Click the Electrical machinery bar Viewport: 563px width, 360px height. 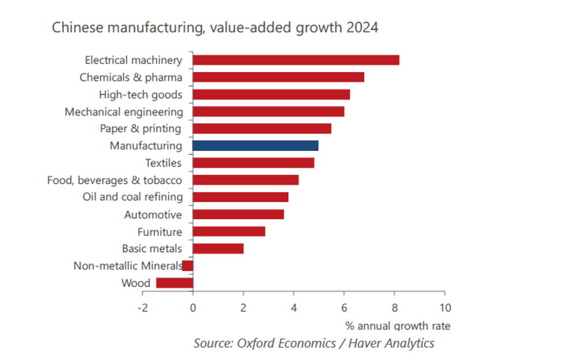point(296,60)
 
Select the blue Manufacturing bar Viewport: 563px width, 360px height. point(255,146)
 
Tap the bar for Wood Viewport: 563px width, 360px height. point(175,283)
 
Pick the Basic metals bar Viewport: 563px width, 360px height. point(218,249)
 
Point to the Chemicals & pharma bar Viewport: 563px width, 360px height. point(278,77)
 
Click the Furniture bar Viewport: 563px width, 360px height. point(229,232)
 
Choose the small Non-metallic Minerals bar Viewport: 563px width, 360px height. point(188,266)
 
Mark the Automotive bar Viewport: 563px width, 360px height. point(238,214)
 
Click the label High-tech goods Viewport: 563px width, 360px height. point(141,95)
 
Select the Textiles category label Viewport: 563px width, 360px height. point(163,163)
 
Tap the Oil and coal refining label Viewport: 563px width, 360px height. point(133,197)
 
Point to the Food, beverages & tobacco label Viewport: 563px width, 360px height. point(115,180)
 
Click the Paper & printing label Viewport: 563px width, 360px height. point(141,128)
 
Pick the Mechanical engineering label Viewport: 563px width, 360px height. point(124,112)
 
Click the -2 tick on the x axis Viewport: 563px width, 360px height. point(142,307)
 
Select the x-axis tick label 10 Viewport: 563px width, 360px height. point(445,307)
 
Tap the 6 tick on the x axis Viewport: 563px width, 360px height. point(344,307)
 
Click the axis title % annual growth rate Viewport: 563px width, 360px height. point(398,326)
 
